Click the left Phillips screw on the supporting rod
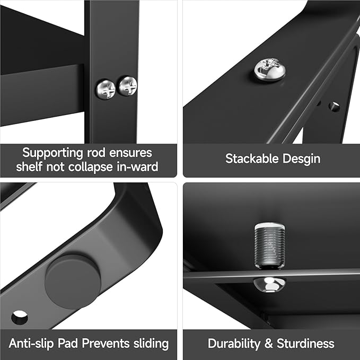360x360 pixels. [x=106, y=89]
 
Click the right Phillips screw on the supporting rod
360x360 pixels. [x=128, y=86]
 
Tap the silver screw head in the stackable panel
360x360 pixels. [x=270, y=69]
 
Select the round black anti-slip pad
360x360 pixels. [x=73, y=282]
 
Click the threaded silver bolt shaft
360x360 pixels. [x=269, y=245]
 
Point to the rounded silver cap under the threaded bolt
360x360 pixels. [x=269, y=284]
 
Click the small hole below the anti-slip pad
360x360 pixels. [x=20, y=318]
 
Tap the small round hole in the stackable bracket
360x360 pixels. [x=334, y=107]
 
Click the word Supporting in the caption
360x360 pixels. [x=52, y=153]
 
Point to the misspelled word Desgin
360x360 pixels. [x=301, y=159]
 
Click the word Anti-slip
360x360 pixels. [x=31, y=344]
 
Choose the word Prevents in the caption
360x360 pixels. [x=106, y=344]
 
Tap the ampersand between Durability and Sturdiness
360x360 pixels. [x=268, y=344]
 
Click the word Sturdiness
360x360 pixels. [x=305, y=344]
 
